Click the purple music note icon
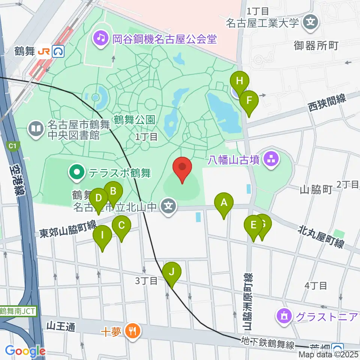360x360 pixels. [101, 38]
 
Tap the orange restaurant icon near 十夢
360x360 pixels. [132, 331]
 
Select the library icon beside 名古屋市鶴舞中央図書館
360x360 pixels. [36, 130]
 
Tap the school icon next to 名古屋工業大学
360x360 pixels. [311, 22]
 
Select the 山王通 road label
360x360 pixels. [60, 327]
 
